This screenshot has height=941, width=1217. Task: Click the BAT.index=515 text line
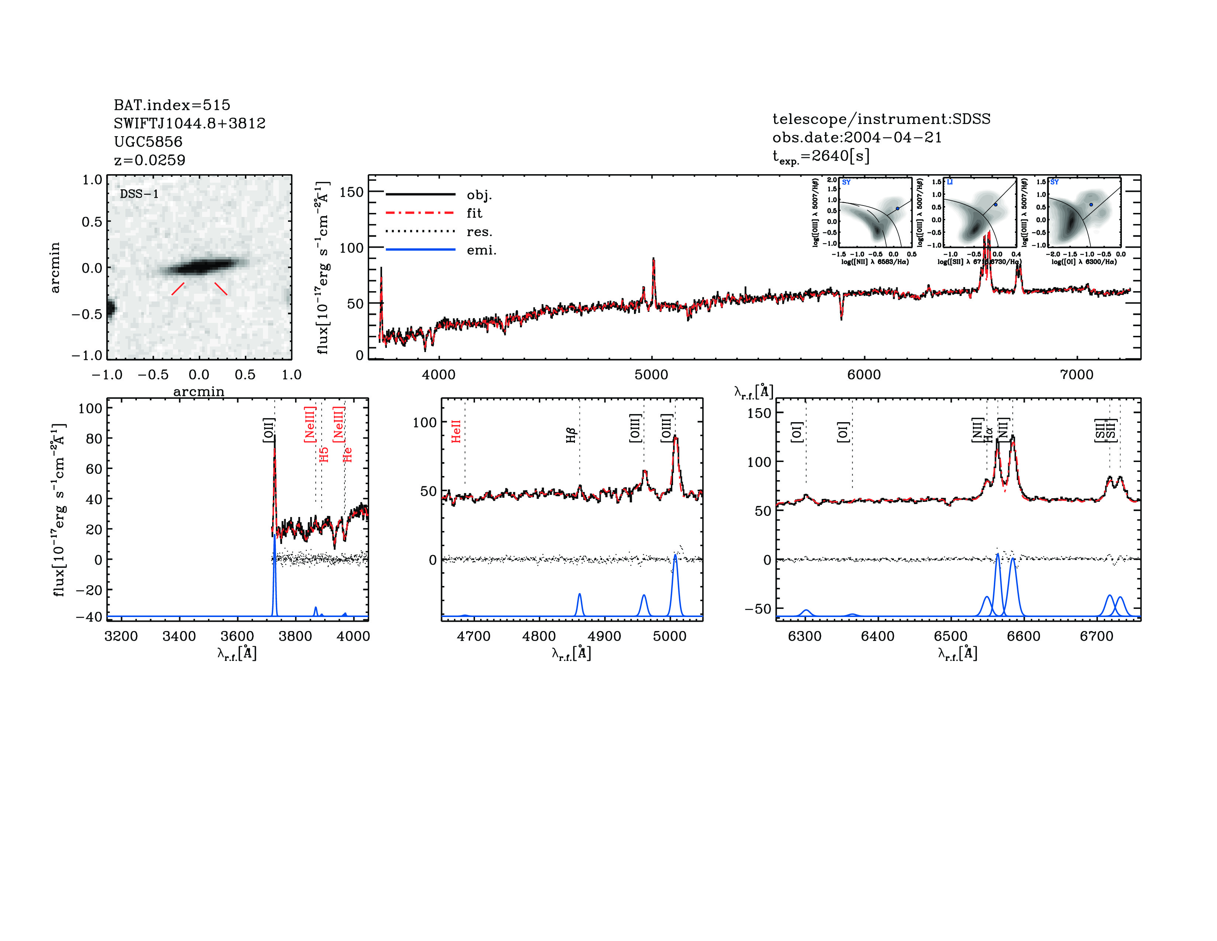click(x=171, y=105)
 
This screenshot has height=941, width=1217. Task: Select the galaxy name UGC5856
click(x=148, y=142)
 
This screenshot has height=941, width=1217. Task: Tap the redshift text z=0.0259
click(x=149, y=160)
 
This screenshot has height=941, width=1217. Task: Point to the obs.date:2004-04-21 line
click(x=856, y=137)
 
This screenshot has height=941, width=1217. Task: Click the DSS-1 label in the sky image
click(x=139, y=194)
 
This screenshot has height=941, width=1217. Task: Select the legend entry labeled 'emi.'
click(x=481, y=250)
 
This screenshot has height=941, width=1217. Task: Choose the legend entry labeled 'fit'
click(x=474, y=213)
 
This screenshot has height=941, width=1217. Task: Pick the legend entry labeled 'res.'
click(x=479, y=232)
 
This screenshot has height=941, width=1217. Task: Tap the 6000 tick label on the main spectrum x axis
click(x=864, y=375)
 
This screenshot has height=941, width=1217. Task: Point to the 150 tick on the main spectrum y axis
click(x=351, y=192)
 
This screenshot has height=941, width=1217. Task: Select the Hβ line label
click(x=571, y=435)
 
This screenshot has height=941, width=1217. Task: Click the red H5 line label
click(x=324, y=454)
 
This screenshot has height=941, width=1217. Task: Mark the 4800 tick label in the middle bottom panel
click(x=539, y=636)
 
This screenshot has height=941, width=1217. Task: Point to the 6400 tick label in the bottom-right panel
click(x=878, y=636)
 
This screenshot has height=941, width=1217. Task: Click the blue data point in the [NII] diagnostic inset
click(x=897, y=208)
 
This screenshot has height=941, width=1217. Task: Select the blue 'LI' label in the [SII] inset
click(x=950, y=182)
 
